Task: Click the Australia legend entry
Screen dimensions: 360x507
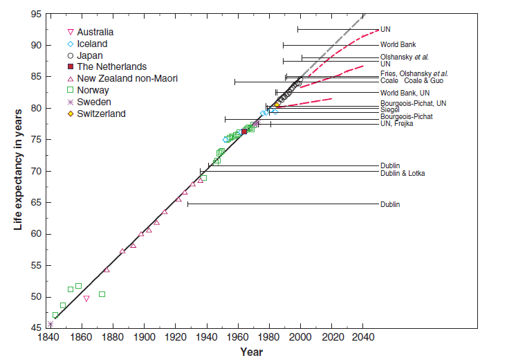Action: tap(95, 32)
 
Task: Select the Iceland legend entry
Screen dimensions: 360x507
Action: tap(91, 44)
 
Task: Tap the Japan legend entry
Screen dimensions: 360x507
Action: tap(90, 55)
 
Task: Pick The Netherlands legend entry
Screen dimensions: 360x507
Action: tap(111, 66)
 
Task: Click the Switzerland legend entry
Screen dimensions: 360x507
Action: tap(101, 114)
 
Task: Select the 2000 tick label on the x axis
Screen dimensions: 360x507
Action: tap(300, 337)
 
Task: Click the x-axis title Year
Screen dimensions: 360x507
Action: tap(251, 351)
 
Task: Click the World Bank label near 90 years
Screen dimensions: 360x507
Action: tap(398, 45)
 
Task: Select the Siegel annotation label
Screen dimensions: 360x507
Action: tap(389, 110)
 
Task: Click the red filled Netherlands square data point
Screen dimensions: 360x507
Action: tap(244, 132)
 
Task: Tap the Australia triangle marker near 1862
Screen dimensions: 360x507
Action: tap(86, 298)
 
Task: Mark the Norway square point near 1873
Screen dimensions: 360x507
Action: tap(102, 294)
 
